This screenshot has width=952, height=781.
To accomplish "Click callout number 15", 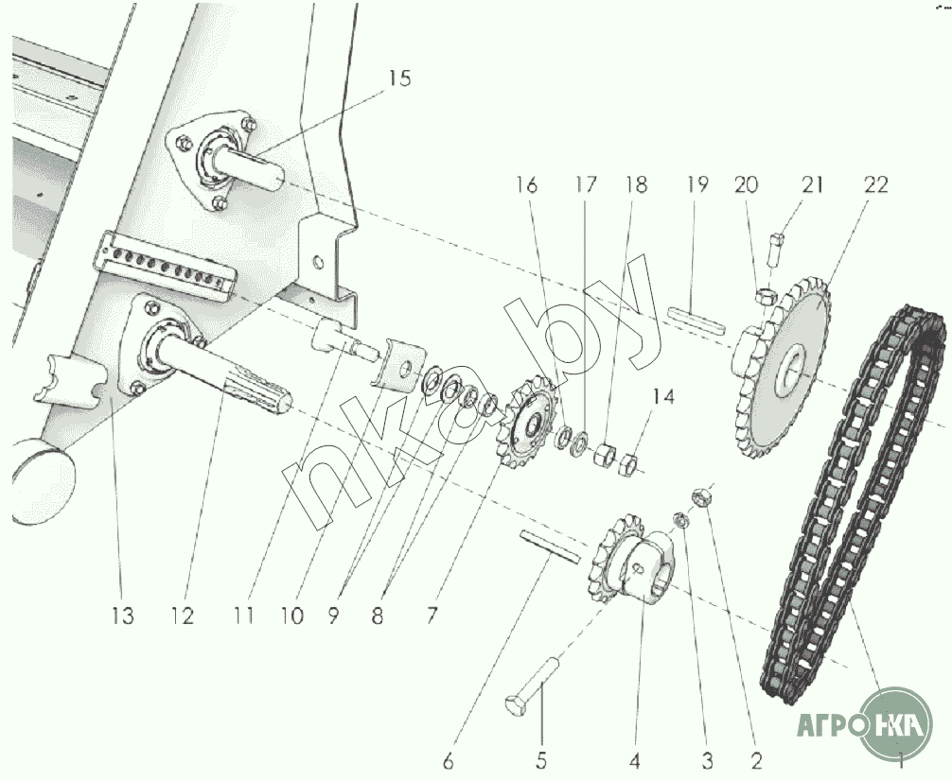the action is click(x=399, y=79).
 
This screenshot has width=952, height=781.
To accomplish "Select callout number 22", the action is click(x=875, y=185).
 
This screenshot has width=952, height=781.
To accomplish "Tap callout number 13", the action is click(x=121, y=616).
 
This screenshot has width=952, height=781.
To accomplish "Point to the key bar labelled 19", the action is click(x=696, y=318).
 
